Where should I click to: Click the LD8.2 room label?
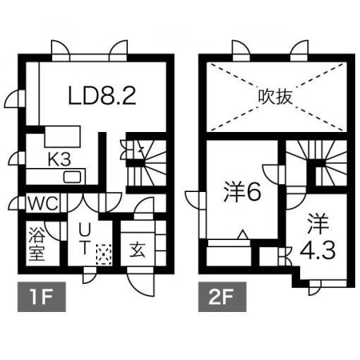[x=102, y=95]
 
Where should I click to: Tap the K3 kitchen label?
[x=59, y=160]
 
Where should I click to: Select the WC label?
[x=43, y=203]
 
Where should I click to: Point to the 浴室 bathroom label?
[x=37, y=244]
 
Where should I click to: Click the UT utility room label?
[x=84, y=239]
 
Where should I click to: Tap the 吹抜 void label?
[x=275, y=97]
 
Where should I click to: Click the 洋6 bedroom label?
[x=242, y=193]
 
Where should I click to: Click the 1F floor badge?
[x=42, y=296]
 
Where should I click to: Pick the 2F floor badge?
[x=222, y=296]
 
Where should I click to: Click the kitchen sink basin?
[x=72, y=177]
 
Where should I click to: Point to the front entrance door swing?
[x=141, y=284]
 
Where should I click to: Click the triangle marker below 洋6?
[x=243, y=234]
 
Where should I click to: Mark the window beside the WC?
[x=22, y=203]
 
